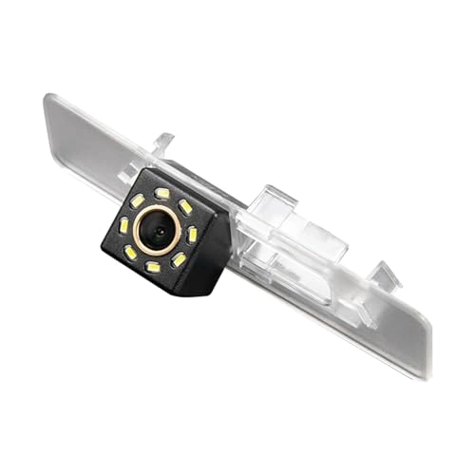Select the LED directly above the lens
[x=162, y=195]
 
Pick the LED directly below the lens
[x=152, y=268]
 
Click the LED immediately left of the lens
[x=124, y=224]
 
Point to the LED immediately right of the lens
[x=192, y=234]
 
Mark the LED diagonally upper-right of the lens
[x=186, y=206]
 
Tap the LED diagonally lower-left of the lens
[x=129, y=253]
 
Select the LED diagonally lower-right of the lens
[x=179, y=259]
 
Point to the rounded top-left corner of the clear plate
[x=49, y=97]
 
